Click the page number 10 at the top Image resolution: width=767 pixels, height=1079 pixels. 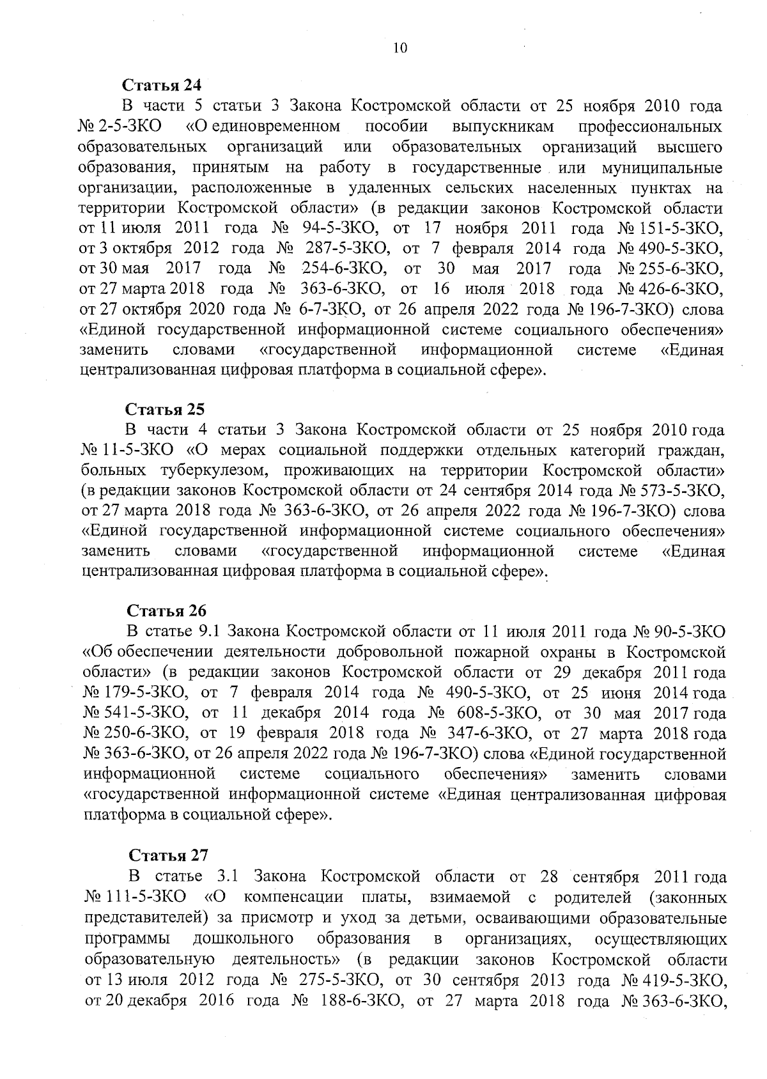coord(400,49)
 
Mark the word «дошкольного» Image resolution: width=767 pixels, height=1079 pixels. coord(243,938)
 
